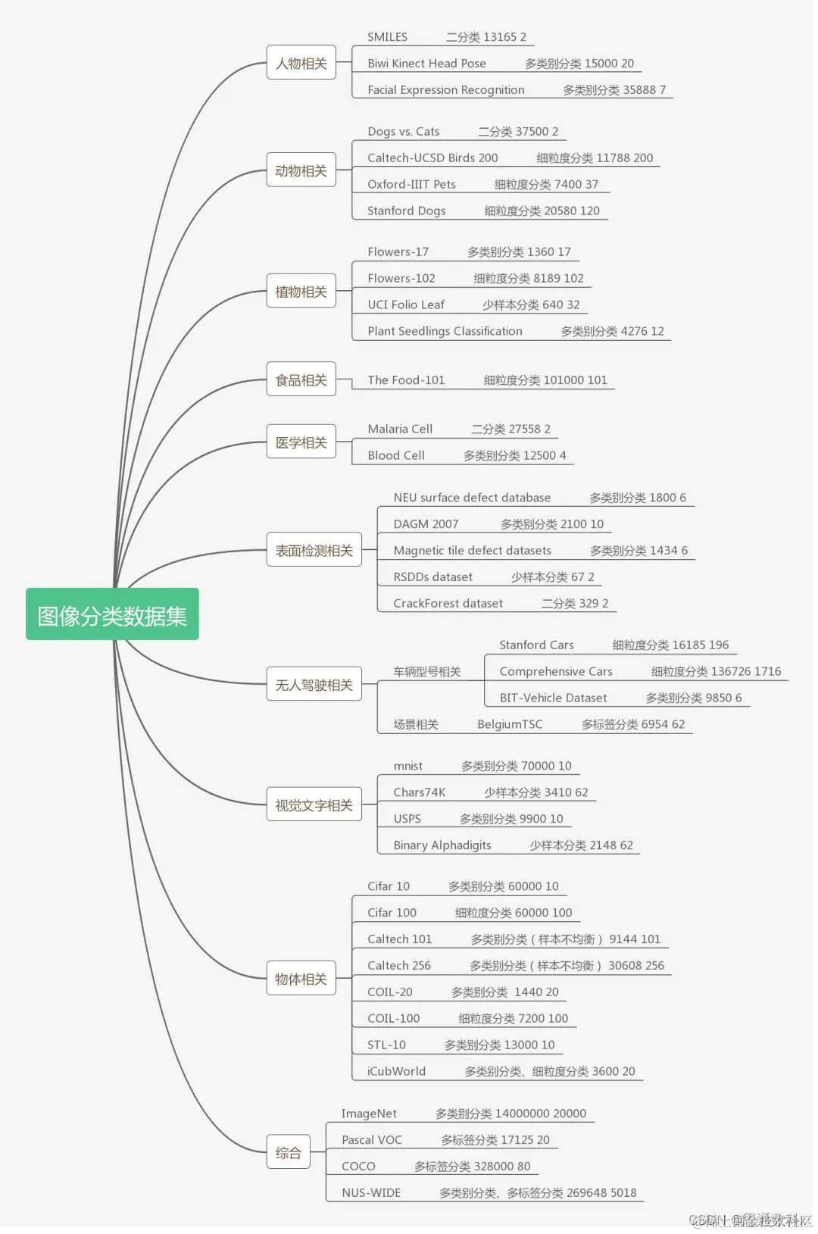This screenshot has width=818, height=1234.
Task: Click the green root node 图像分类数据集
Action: (112, 614)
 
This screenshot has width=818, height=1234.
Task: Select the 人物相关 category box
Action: (301, 63)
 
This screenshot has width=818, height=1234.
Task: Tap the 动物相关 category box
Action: (301, 170)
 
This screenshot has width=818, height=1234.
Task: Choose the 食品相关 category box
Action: (301, 380)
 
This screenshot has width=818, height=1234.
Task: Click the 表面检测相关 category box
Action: (314, 550)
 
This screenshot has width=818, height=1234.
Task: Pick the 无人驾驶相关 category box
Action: (314, 685)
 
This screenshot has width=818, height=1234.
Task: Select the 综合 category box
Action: (288, 1152)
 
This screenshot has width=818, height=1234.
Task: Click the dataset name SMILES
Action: (387, 37)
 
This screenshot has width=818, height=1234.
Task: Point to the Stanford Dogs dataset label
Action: (406, 211)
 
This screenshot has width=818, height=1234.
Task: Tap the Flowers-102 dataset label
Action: (401, 278)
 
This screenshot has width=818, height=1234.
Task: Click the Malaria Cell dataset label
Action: (400, 429)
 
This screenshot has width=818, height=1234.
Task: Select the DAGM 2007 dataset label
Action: (426, 523)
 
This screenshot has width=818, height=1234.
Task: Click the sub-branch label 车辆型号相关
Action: (427, 671)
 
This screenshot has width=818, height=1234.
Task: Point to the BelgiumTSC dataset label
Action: (510, 724)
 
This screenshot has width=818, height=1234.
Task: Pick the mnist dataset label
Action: (407, 766)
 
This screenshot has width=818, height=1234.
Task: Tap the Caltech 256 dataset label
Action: (399, 965)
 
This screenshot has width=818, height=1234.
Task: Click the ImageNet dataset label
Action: (369, 1114)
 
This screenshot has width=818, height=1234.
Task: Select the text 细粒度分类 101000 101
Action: (545, 380)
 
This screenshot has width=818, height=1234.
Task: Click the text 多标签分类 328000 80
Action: (472, 1167)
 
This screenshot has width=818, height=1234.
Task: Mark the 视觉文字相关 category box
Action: (314, 805)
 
